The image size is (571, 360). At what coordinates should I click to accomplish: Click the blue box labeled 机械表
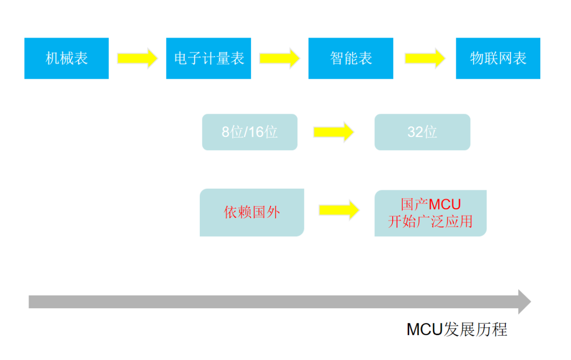pyautogui.click(x=67, y=58)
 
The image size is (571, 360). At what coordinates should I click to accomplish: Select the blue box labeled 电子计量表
pyautogui.click(x=208, y=58)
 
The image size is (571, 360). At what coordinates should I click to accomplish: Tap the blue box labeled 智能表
pyautogui.click(x=351, y=58)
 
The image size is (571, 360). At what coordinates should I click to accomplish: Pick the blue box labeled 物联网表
pyautogui.click(x=498, y=58)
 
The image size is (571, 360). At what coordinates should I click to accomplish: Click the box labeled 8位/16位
pyautogui.click(x=250, y=132)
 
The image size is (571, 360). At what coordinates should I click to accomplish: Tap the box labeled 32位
pyautogui.click(x=422, y=132)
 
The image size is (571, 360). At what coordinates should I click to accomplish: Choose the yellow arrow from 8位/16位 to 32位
pyautogui.click(x=333, y=132)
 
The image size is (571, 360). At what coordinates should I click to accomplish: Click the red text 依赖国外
pyautogui.click(x=252, y=213)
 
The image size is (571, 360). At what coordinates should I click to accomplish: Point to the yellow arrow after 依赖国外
pyautogui.click(x=339, y=210)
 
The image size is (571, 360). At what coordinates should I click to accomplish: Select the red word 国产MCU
pyautogui.click(x=430, y=204)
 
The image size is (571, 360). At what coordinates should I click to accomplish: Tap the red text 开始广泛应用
pyautogui.click(x=430, y=221)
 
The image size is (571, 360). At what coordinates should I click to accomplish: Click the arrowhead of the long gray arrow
pyautogui.click(x=524, y=302)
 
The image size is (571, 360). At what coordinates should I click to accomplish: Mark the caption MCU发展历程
pyautogui.click(x=457, y=329)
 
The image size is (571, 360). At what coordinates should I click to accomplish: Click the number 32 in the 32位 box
pyautogui.click(x=415, y=132)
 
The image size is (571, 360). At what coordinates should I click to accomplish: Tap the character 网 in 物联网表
pyautogui.click(x=505, y=58)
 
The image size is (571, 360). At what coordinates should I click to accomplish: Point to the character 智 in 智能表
pyautogui.click(x=337, y=58)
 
